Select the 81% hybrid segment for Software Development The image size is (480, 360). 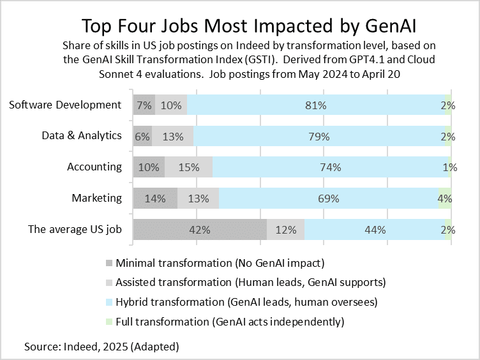tap(317, 105)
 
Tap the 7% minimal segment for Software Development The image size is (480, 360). tap(144, 105)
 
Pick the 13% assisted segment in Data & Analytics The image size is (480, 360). tap(173, 136)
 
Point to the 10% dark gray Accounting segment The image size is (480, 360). tap(149, 167)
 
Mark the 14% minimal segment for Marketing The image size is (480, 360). tap(155, 198)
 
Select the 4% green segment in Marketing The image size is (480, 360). tap(445, 198)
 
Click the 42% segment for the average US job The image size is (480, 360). tap(200, 229)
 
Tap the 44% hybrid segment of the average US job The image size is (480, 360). tap(375, 229)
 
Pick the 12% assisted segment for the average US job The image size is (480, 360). tap(285, 229)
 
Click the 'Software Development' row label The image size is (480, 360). tap(65, 105)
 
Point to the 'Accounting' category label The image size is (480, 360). tap(94, 167)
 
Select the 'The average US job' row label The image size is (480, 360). tap(75, 229)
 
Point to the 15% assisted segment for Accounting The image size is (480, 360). tap(188, 167)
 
